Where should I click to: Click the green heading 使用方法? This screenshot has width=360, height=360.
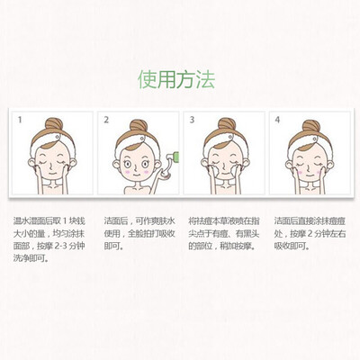[176, 80]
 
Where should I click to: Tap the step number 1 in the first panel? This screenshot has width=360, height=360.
[20, 120]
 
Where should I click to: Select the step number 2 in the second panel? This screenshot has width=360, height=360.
[106, 120]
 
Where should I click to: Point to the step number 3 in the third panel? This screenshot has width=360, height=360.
[192, 120]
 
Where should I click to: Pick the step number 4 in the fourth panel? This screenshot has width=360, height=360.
[277, 120]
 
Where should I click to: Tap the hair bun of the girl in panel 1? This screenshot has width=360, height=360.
[54, 124]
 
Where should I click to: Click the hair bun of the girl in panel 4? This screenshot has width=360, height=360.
[311, 126]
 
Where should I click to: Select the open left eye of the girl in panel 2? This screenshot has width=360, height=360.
[128, 164]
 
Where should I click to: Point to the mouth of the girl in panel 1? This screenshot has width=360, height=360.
[52, 174]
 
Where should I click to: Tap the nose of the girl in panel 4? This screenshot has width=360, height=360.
[309, 168]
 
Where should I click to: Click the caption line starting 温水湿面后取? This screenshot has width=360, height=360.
[49, 221]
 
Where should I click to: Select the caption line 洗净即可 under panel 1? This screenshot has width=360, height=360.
[31, 258]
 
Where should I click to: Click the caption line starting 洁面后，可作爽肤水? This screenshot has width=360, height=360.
[139, 221]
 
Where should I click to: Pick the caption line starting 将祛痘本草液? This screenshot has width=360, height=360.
[224, 221]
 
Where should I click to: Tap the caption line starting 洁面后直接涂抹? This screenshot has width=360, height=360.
[310, 221]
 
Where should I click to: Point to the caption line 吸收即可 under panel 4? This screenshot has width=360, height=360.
[292, 247]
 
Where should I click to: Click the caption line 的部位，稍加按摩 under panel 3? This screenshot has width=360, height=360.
[223, 247]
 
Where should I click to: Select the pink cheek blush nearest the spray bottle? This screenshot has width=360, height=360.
[146, 172]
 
